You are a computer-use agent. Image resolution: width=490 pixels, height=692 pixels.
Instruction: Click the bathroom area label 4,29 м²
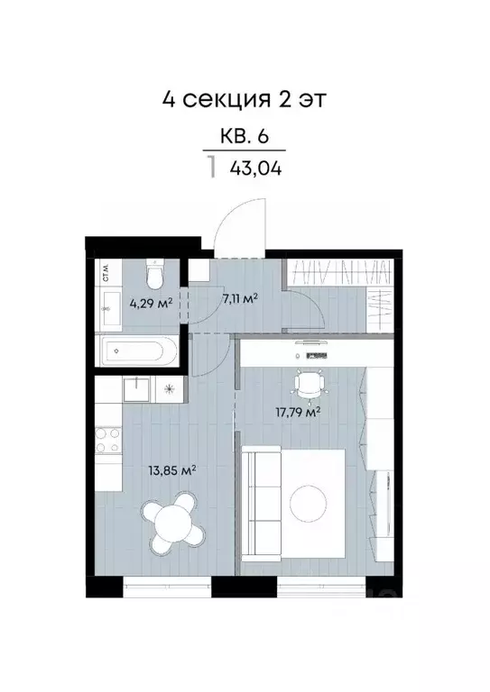coord(150,303)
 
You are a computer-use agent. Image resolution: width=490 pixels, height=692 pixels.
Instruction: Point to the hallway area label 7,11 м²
coord(241,297)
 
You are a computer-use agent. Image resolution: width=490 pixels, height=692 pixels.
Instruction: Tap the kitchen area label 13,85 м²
coord(172,469)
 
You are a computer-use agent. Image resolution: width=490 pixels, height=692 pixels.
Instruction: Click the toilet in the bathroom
coord(156,270)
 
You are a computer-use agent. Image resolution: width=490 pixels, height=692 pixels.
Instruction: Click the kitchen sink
coord(137,388)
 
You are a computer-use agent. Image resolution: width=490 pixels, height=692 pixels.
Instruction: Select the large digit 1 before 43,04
coord(212,168)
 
